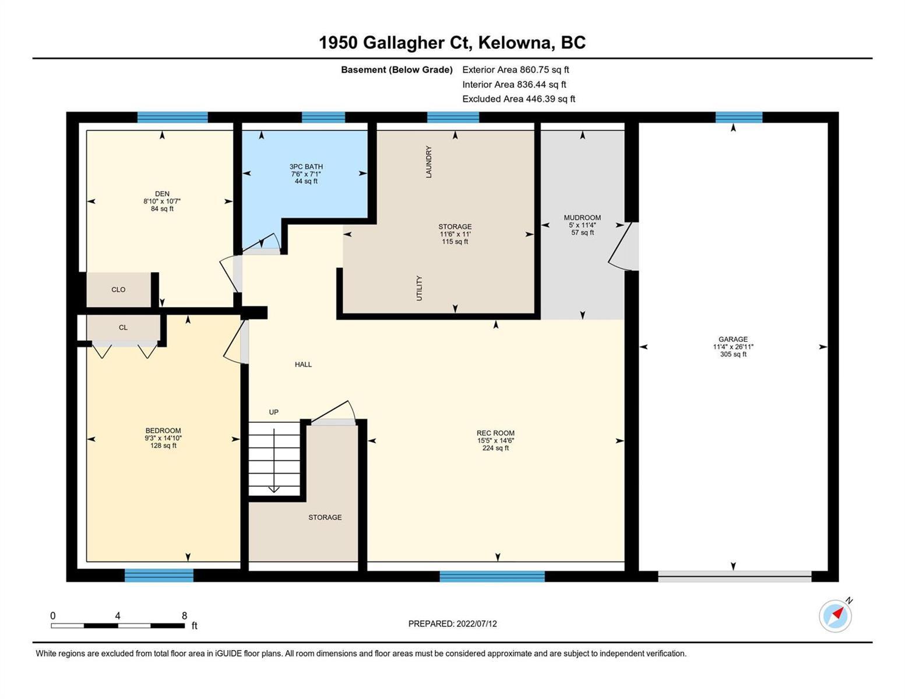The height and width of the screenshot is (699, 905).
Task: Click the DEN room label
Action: click(162, 193)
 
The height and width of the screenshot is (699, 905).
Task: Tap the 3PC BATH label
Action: click(306, 167)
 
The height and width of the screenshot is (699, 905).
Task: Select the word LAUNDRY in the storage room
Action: click(428, 162)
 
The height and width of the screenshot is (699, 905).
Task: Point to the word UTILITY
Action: click(419, 288)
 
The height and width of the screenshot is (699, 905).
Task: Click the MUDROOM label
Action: click(582, 217)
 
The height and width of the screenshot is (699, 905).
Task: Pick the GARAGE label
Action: click(733, 339)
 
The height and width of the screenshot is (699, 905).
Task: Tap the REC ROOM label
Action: click(495, 433)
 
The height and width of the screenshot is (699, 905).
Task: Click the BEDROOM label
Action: click(163, 430)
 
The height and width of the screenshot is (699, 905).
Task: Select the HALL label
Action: click(303, 364)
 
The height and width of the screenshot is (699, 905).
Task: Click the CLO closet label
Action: click(118, 290)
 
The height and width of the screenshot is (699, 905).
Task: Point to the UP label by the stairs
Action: click(274, 412)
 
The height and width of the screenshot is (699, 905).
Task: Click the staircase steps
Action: click(274, 459)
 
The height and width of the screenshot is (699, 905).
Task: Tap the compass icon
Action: click(835, 616)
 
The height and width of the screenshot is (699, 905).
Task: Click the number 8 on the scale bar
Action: click(185, 615)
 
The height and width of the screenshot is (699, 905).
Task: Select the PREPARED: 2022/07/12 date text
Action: click(452, 624)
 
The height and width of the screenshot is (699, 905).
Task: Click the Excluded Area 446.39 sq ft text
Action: click(519, 98)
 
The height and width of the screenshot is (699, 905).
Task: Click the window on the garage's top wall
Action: click(739, 117)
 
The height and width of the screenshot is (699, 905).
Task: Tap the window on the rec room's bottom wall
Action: click(492, 576)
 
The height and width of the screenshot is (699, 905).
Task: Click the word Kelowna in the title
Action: click(516, 43)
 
